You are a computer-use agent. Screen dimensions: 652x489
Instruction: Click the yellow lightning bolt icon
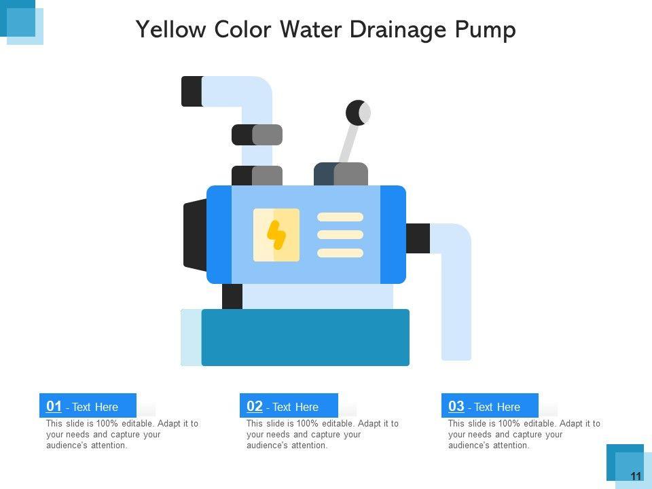276,235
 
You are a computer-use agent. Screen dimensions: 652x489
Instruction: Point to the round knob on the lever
358,112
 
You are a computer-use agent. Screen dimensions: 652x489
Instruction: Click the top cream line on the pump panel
340,217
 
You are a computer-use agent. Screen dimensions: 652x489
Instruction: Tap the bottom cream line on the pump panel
340,253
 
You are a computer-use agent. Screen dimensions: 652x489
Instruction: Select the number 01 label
54,406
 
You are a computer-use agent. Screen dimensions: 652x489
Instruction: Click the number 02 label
255,406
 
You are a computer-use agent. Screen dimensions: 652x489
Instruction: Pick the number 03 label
456,406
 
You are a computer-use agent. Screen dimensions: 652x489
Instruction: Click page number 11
636,477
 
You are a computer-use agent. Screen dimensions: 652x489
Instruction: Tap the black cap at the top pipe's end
192,91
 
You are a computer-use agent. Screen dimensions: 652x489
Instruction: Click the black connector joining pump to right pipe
418,238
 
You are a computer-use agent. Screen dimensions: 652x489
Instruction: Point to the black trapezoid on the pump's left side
195,234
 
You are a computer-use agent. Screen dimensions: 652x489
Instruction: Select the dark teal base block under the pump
305,338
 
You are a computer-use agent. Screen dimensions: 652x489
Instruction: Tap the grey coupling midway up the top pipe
257,134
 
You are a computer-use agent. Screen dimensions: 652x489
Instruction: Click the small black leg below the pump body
232,297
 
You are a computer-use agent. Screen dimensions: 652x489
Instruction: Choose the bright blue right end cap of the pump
393,234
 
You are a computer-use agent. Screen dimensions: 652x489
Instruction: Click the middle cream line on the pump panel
340,235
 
